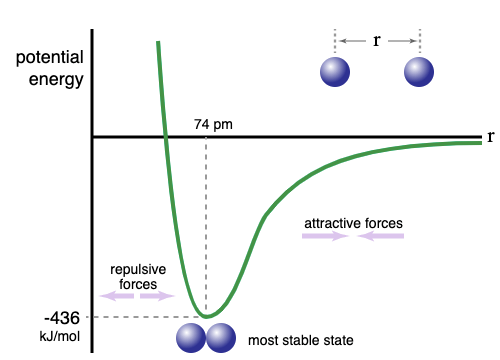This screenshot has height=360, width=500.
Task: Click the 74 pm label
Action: pos(213,124)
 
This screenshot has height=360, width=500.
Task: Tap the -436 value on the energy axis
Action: pos(62,318)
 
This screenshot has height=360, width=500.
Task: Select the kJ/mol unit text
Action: pos(60,336)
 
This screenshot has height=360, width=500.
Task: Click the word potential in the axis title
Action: pos(50,58)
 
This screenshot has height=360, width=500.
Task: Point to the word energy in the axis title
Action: pos(56,80)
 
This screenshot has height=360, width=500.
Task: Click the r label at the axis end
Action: pos(490,137)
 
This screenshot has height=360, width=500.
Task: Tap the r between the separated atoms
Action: pos(377,41)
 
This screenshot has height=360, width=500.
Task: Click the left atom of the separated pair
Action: pos(335,72)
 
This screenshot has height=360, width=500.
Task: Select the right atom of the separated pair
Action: pos(419,72)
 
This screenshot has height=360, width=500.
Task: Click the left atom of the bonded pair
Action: pos(191,338)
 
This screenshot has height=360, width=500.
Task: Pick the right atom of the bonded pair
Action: pos(221,338)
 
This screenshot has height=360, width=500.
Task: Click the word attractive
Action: pos(333,223)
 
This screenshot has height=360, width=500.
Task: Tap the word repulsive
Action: pos(138,269)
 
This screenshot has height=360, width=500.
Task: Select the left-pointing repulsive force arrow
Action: pos(117,296)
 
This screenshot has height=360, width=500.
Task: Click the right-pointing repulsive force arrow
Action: pos(157,296)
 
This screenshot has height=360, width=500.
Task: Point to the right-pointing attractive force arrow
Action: pos(325,236)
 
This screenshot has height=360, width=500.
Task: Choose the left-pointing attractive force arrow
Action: pos(381,236)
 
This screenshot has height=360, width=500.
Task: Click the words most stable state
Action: pos(301,341)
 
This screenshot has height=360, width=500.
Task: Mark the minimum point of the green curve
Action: pos(206,316)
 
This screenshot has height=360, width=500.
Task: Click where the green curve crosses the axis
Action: pos(165,137)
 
